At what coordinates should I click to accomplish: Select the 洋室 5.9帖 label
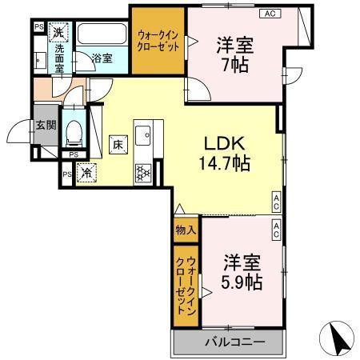(x=241, y=273)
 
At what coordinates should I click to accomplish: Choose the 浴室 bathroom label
(x=101, y=58)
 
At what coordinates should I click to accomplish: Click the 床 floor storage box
(x=115, y=145)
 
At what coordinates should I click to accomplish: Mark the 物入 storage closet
(x=185, y=230)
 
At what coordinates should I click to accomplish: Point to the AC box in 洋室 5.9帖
(x=276, y=230)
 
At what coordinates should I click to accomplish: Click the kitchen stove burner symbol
(x=144, y=170)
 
